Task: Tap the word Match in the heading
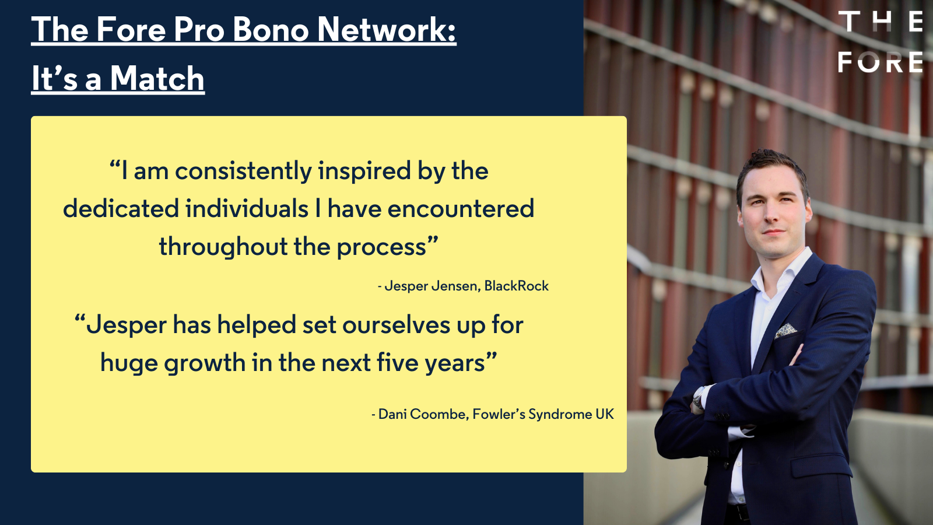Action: coord(157,78)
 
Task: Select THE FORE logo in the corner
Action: coord(880,41)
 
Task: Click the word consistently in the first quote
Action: coord(243,171)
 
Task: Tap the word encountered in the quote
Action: coord(461,208)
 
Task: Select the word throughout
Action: coord(224,246)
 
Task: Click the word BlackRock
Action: coord(517,286)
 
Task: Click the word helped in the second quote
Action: coord(257,324)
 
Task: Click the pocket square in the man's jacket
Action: coord(785,331)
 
